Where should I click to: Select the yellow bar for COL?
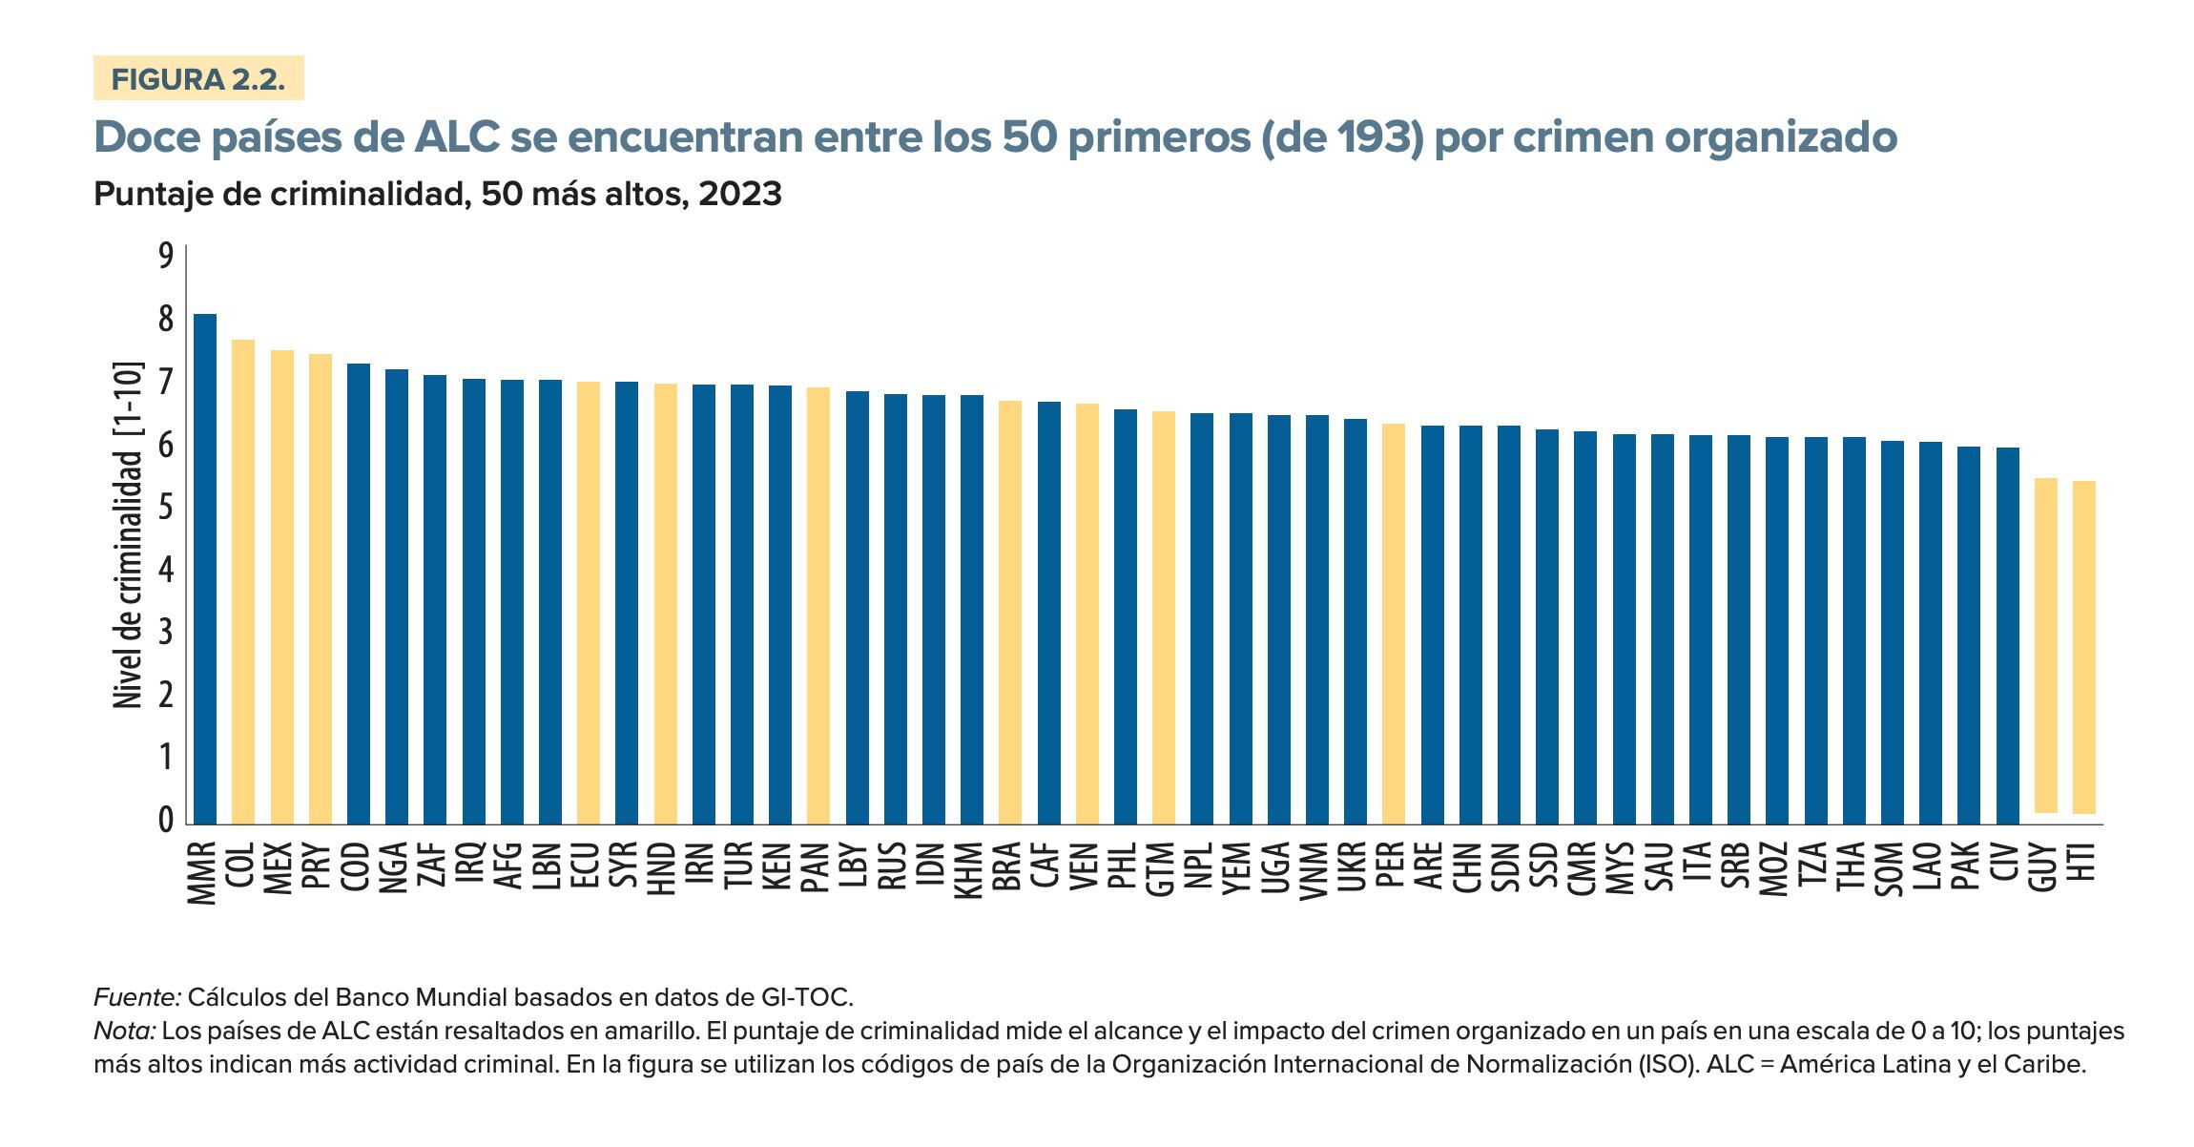pyautogui.click(x=243, y=582)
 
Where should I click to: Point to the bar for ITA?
pyautogui.click(x=1701, y=630)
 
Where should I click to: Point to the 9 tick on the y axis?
pyautogui.click(x=166, y=257)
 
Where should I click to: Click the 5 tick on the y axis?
pyautogui.click(x=166, y=507)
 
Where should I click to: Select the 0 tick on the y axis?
pyautogui.click(x=166, y=820)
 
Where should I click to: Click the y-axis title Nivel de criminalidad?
pyautogui.click(x=128, y=534)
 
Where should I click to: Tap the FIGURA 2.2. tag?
pyautogui.click(x=198, y=79)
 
